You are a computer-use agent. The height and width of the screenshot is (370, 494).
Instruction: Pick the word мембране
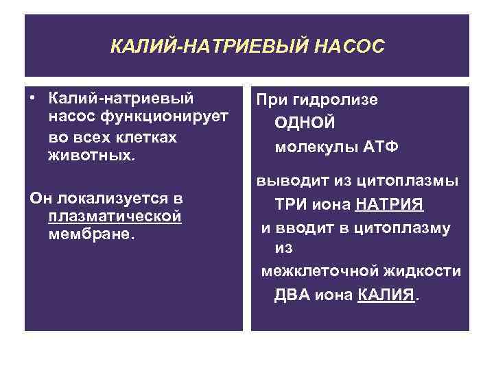(92, 235)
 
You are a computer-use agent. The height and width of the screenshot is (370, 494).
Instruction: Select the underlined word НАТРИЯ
(389, 205)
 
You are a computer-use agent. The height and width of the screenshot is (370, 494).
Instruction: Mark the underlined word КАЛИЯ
(386, 295)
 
